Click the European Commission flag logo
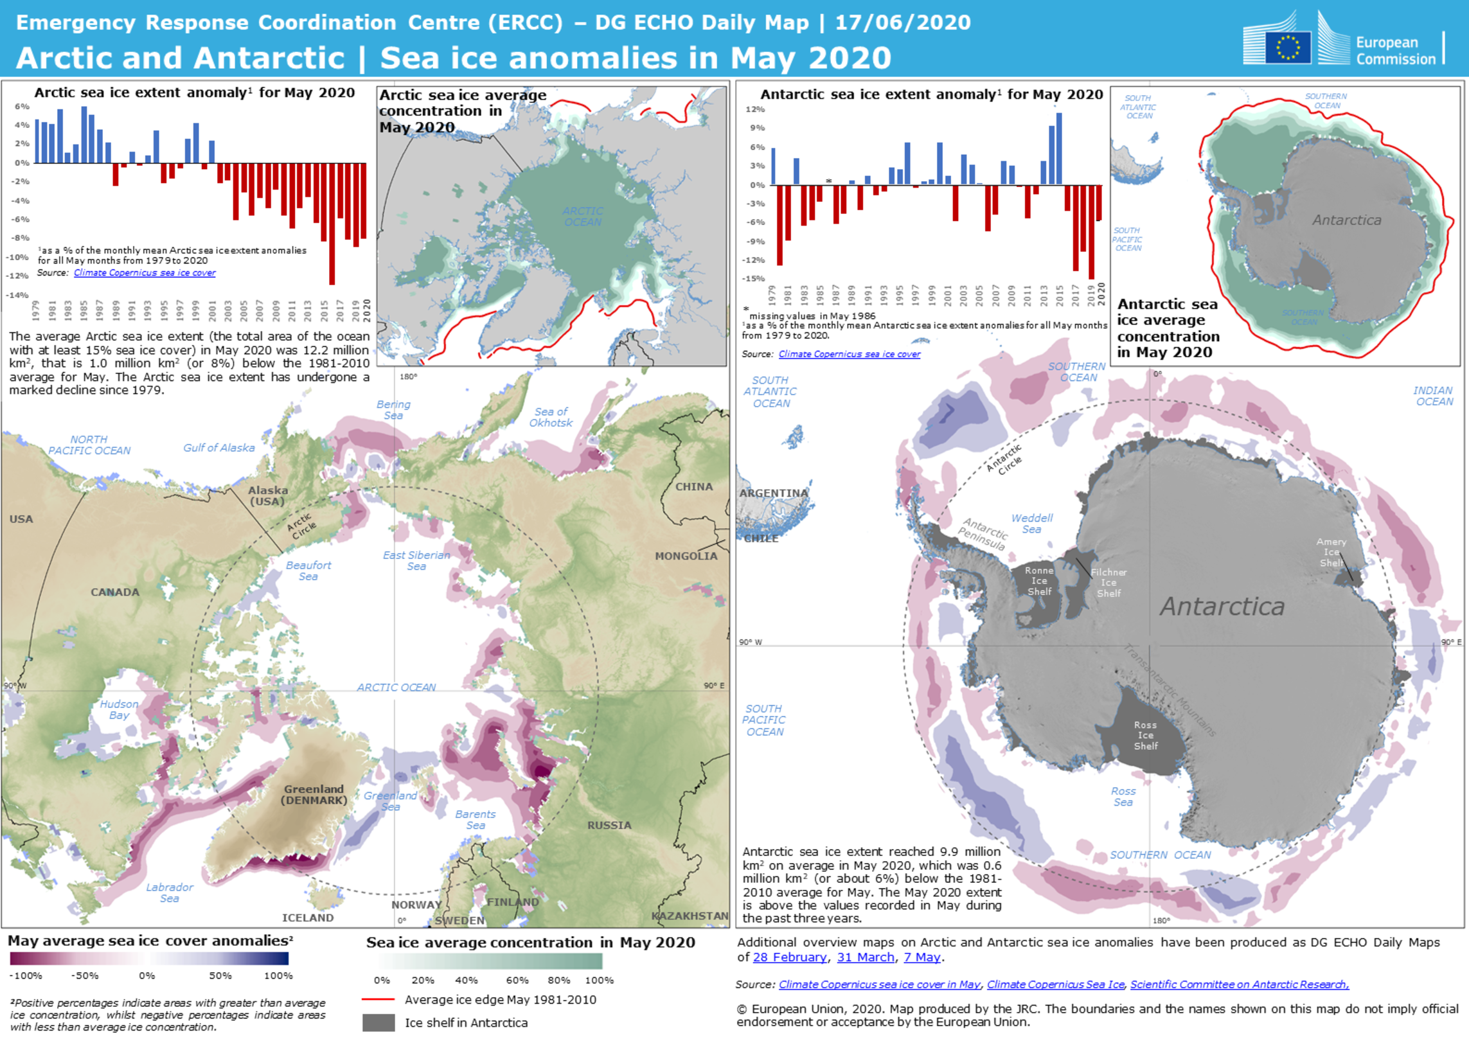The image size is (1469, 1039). coord(1288,47)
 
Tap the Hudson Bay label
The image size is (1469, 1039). coord(119,709)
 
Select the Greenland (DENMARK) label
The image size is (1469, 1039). coord(314,794)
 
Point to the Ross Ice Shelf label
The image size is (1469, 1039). coord(1146,735)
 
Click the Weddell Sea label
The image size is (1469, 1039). coord(1032,524)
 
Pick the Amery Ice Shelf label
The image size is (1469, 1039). coord(1331,553)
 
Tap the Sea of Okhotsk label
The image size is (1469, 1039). coord(551,417)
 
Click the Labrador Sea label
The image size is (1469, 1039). coord(170,892)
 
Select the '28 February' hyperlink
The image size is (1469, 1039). coord(790,957)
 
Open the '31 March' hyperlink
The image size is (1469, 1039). coord(866,957)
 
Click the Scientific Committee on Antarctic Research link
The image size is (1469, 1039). coord(1239,984)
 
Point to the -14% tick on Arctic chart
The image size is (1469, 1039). coord(17,295)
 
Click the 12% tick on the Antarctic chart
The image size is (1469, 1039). coord(755,109)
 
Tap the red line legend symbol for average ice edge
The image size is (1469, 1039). coord(378,1000)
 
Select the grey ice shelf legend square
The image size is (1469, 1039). coord(378,1022)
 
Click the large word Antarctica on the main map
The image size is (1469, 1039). coord(1222,607)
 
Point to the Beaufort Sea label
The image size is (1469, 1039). coord(308,571)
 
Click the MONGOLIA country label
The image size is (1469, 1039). coord(686,556)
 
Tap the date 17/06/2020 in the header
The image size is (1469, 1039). coord(902,23)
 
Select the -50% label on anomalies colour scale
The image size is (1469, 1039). coord(85,975)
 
